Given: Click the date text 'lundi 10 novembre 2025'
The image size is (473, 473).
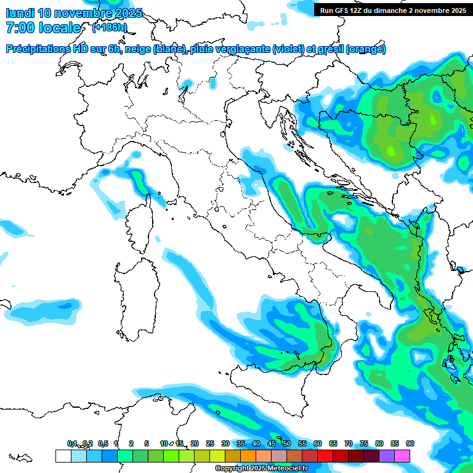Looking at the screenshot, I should coord(74,13).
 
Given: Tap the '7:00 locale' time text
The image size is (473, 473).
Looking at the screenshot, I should coord(43,28).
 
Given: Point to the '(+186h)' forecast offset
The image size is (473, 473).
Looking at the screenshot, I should coord(109,28).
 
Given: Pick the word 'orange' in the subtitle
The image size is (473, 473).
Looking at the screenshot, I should coord(366,49).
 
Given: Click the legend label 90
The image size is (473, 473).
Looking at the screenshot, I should coord(410,443).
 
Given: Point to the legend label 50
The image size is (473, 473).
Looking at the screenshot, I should coord(287,443).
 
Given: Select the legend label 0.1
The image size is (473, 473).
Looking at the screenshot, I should coord(72,443).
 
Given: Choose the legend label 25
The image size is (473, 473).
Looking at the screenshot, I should coord(210,443).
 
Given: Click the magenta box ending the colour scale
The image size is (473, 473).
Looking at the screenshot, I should coord(402,456).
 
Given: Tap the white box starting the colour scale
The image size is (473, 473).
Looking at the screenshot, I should coord(63,456).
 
